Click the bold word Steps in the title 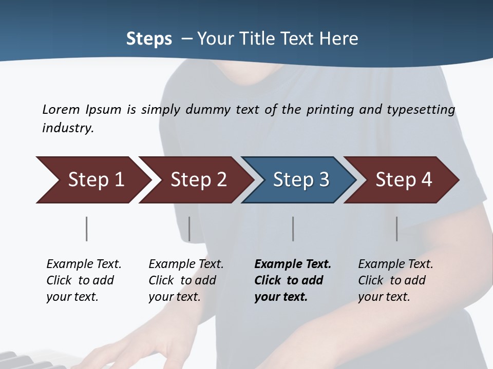coord(149,39)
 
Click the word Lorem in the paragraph coord(61,110)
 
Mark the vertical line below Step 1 coord(86,229)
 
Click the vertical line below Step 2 coord(189,229)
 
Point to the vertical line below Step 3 coord(293,229)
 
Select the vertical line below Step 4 coord(396,229)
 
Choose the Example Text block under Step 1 coord(84,280)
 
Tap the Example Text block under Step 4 coord(395,280)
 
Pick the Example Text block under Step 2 coord(186,280)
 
